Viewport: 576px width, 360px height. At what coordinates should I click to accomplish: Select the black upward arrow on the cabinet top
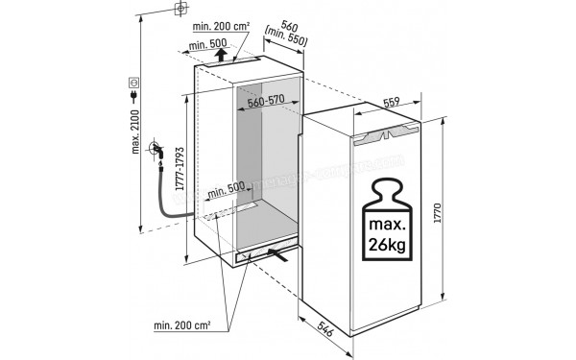tap(222, 56)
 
